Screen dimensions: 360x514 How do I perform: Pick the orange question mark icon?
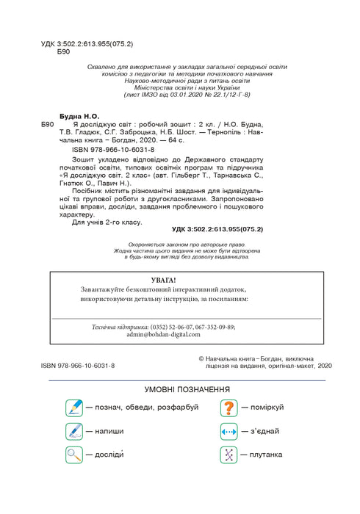coord(229,407)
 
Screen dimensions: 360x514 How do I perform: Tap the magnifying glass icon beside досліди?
coord(74,455)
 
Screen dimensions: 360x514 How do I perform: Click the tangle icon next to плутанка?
coord(229,455)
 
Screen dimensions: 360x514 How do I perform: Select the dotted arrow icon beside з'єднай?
coord(229,431)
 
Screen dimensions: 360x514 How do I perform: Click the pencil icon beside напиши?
coord(74,431)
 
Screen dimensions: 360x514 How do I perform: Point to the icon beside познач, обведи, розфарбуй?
coord(74,407)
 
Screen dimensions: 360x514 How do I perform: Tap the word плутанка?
coord(265,455)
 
